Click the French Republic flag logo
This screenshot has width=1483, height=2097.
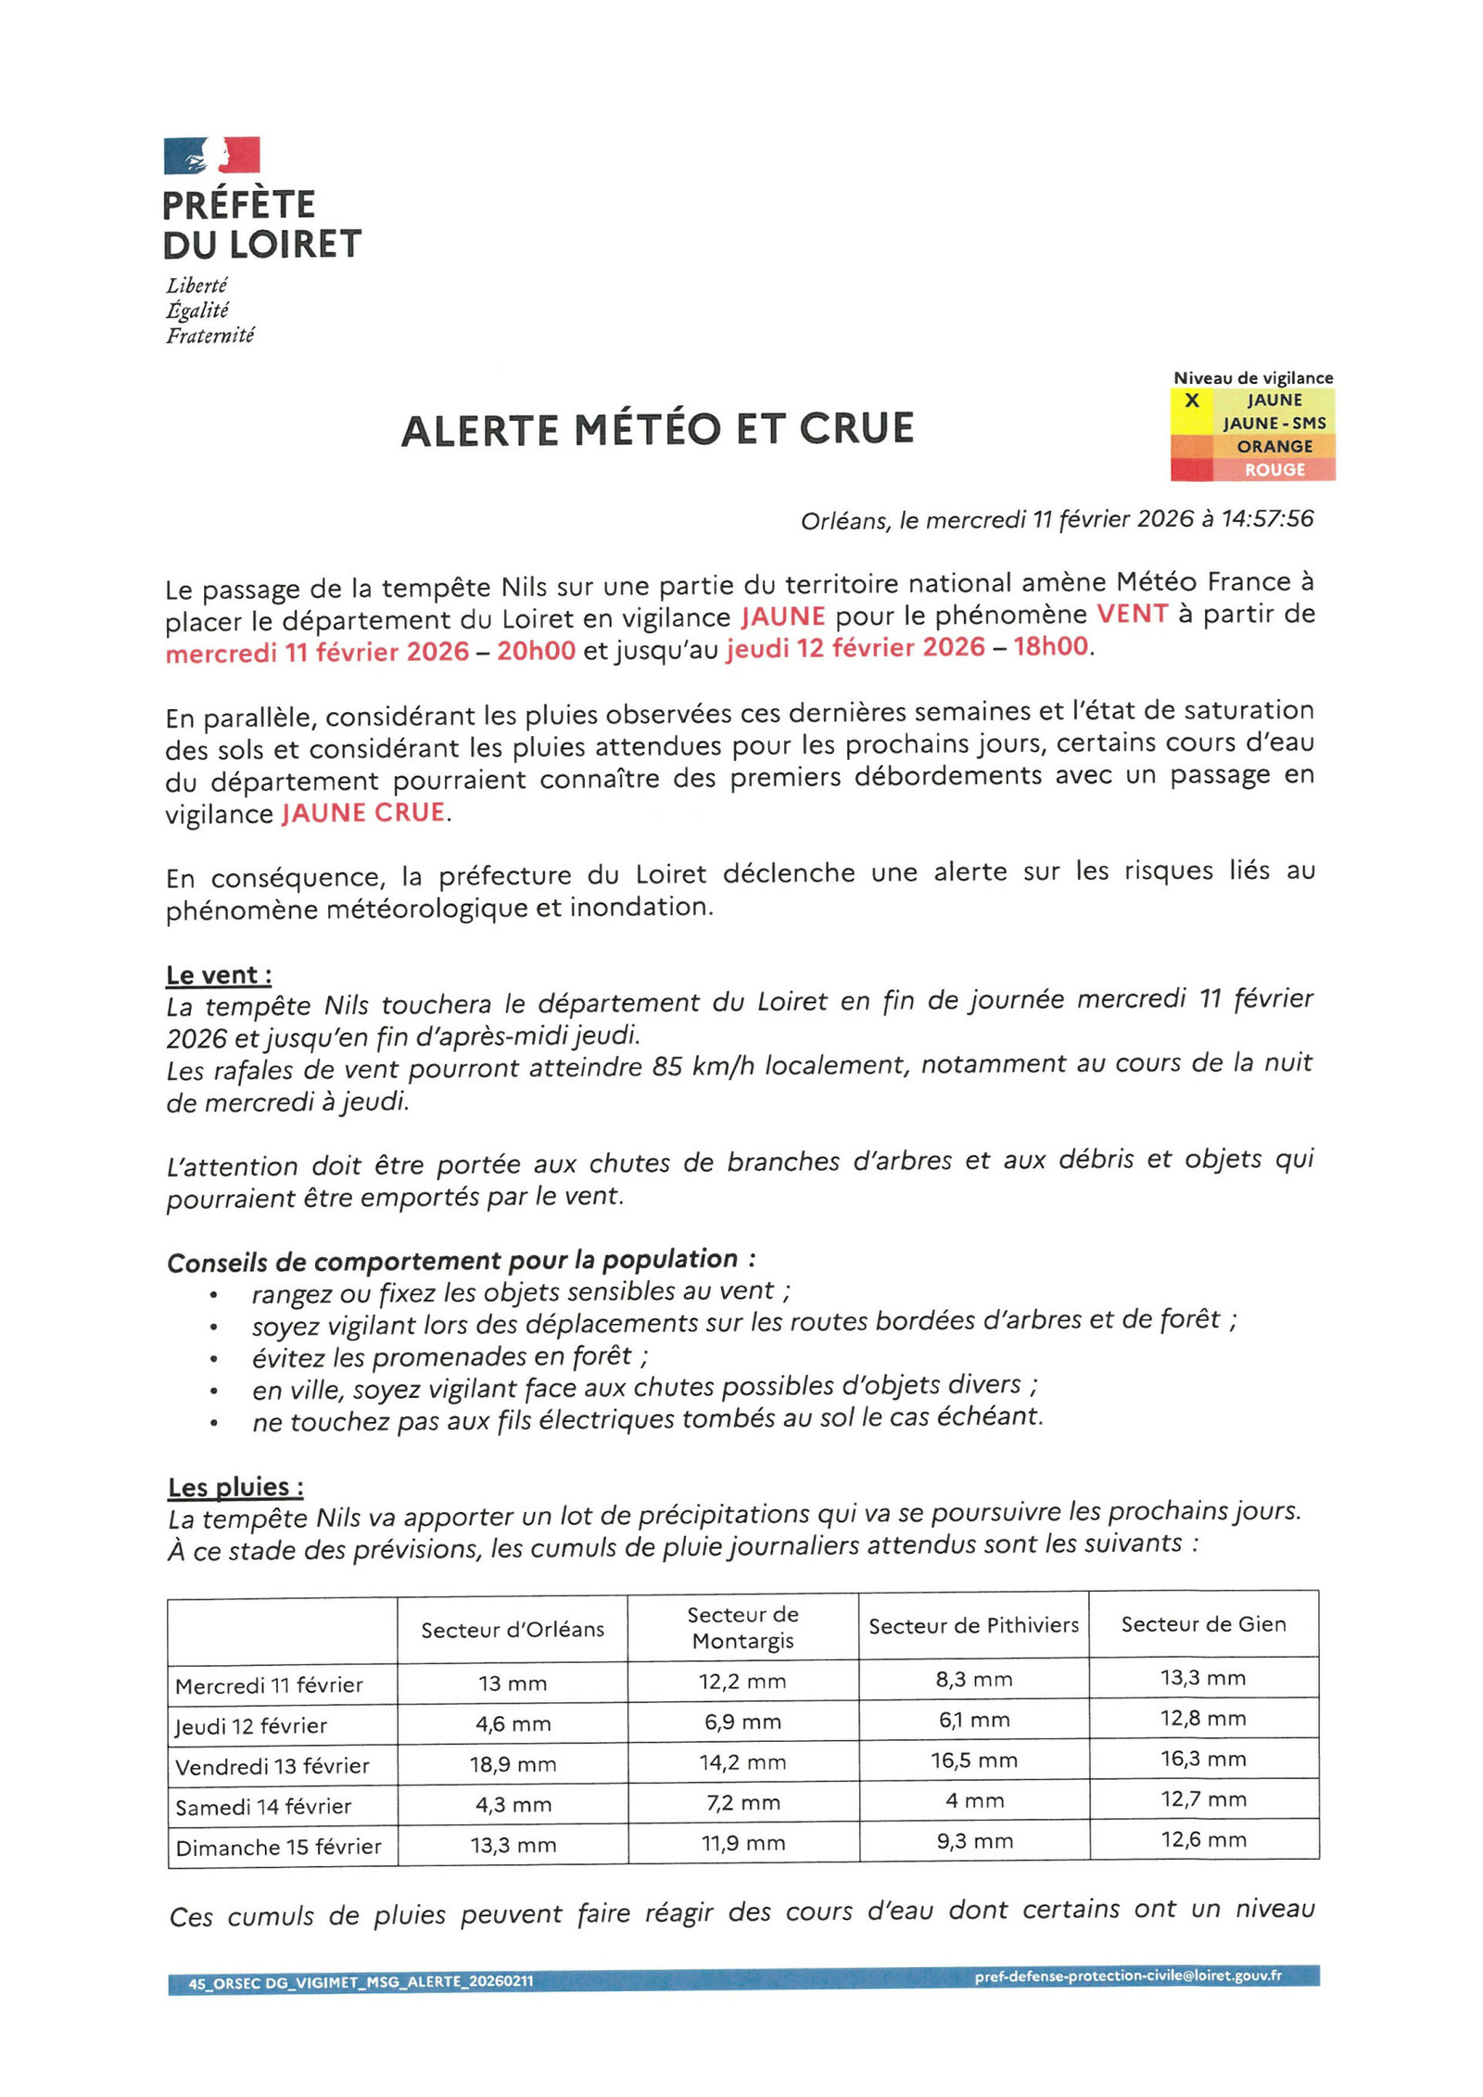[x=211, y=155]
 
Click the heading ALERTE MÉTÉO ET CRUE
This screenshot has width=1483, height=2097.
[x=657, y=429]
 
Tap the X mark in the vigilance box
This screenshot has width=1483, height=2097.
[x=1192, y=400]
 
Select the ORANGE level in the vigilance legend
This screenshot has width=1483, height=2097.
[x=1274, y=446]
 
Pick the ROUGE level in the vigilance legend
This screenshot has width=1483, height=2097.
[x=1274, y=469]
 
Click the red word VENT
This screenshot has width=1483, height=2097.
[x=1132, y=614]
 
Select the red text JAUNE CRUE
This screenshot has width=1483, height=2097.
[x=363, y=813]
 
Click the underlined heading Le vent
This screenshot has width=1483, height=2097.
[x=219, y=975]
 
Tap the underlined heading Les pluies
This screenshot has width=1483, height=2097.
[x=235, y=1487]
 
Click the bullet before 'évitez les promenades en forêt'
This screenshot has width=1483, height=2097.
[x=214, y=1360]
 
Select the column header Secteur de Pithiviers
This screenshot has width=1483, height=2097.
[x=973, y=1625]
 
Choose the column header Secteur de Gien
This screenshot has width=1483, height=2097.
[x=1203, y=1624]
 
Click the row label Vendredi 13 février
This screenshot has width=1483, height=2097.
[x=273, y=1766]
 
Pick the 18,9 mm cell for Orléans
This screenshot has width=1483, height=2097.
[x=513, y=1764]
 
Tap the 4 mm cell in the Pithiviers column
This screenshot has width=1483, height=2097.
[x=974, y=1800]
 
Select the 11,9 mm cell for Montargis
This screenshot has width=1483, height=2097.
[x=742, y=1842]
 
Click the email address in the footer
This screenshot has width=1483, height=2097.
[x=1127, y=1976]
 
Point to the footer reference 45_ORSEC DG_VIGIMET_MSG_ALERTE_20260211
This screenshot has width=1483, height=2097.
[x=361, y=1982]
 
